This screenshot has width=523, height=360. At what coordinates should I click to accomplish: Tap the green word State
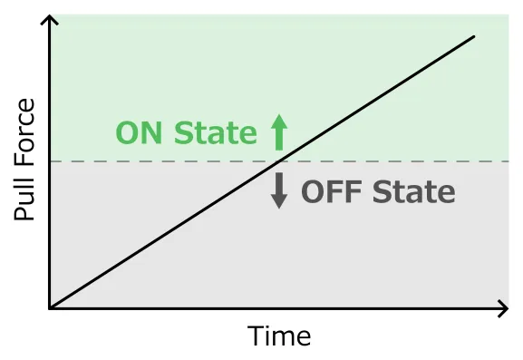pyautogui.click(x=215, y=133)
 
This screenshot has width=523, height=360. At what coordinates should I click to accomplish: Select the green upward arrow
pyautogui.click(x=278, y=132)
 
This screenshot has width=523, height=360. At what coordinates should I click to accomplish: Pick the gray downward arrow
pyautogui.click(x=279, y=190)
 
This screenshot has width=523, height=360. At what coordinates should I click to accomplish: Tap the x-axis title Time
pyautogui.click(x=280, y=336)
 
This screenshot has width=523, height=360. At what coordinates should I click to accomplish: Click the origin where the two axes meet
pyautogui.click(x=50, y=309)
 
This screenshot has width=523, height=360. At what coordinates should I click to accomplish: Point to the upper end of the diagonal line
pyautogui.click(x=475, y=36)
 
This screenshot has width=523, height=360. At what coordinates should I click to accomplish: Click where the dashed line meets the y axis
pyautogui.click(x=50, y=161)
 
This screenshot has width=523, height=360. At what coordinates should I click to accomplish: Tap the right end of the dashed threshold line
pyautogui.click(x=505, y=161)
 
